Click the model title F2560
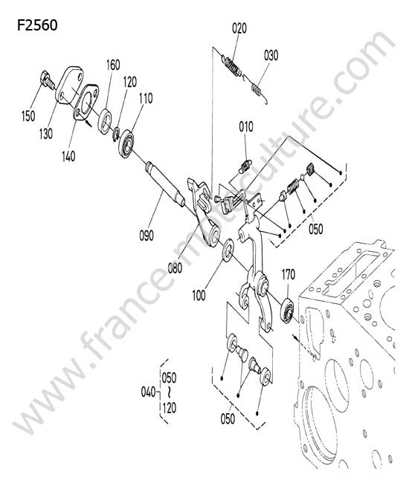37,25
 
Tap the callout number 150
28,116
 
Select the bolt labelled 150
48,79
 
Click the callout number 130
45,134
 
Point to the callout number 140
68,156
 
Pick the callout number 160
113,65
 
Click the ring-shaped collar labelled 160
105,121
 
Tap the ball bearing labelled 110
126,144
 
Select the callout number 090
146,236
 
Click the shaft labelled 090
165,183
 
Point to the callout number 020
239,28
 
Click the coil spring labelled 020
233,66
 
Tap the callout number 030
271,56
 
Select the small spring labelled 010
245,166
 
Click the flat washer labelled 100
228,250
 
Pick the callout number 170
289,275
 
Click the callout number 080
175,268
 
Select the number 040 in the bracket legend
148,392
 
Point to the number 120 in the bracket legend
170,408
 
